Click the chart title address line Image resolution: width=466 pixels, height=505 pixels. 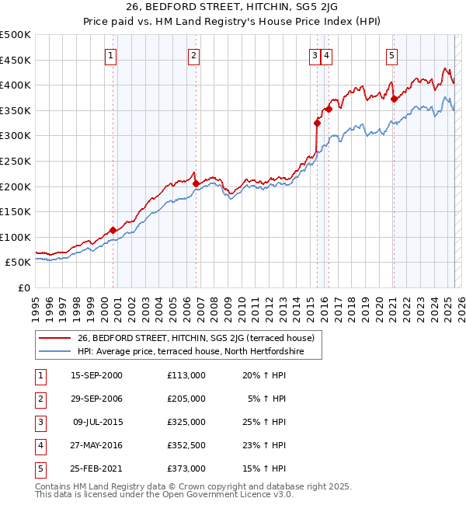233,9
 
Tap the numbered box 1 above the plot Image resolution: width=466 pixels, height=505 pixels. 113,55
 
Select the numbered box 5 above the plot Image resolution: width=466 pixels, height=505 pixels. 392,55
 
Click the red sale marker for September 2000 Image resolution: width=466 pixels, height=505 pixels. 113,230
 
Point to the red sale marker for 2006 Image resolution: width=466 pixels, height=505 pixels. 196,183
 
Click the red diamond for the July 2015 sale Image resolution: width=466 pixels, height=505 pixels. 317,123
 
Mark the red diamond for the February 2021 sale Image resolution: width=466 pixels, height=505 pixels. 394,99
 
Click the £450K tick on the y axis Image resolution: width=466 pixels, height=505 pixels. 16,60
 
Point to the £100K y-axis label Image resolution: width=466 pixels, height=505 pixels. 16,237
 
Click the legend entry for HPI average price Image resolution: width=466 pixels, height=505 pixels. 189,352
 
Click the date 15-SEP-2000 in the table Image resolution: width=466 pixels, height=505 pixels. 96,375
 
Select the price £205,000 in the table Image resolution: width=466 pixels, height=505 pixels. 186,399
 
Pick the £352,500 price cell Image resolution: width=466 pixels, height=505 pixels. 186,445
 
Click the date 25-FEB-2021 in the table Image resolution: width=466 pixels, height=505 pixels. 96,468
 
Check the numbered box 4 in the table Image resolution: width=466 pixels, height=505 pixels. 39,445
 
